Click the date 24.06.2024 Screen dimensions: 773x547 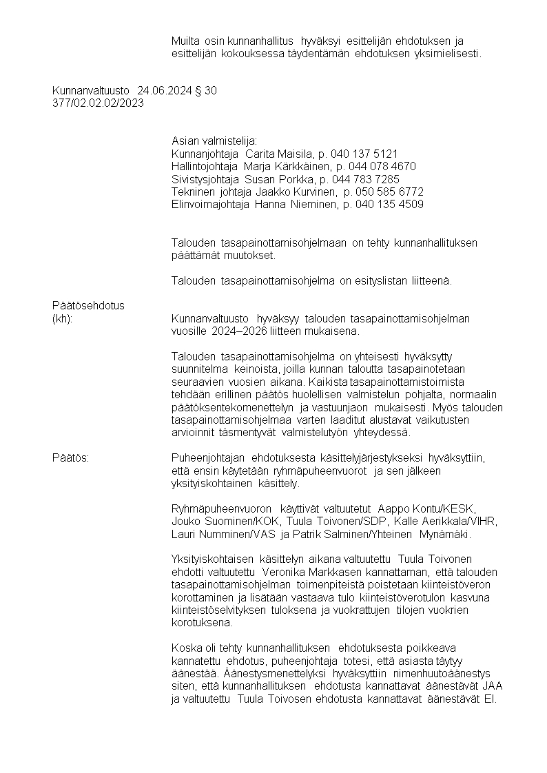coord(161,90)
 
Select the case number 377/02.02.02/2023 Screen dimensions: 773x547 coord(98,103)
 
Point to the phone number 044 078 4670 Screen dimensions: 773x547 coord(386,167)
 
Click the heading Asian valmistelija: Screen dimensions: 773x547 coord(214,141)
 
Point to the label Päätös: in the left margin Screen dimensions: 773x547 coord(70,457)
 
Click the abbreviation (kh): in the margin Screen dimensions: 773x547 coord(63,318)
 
